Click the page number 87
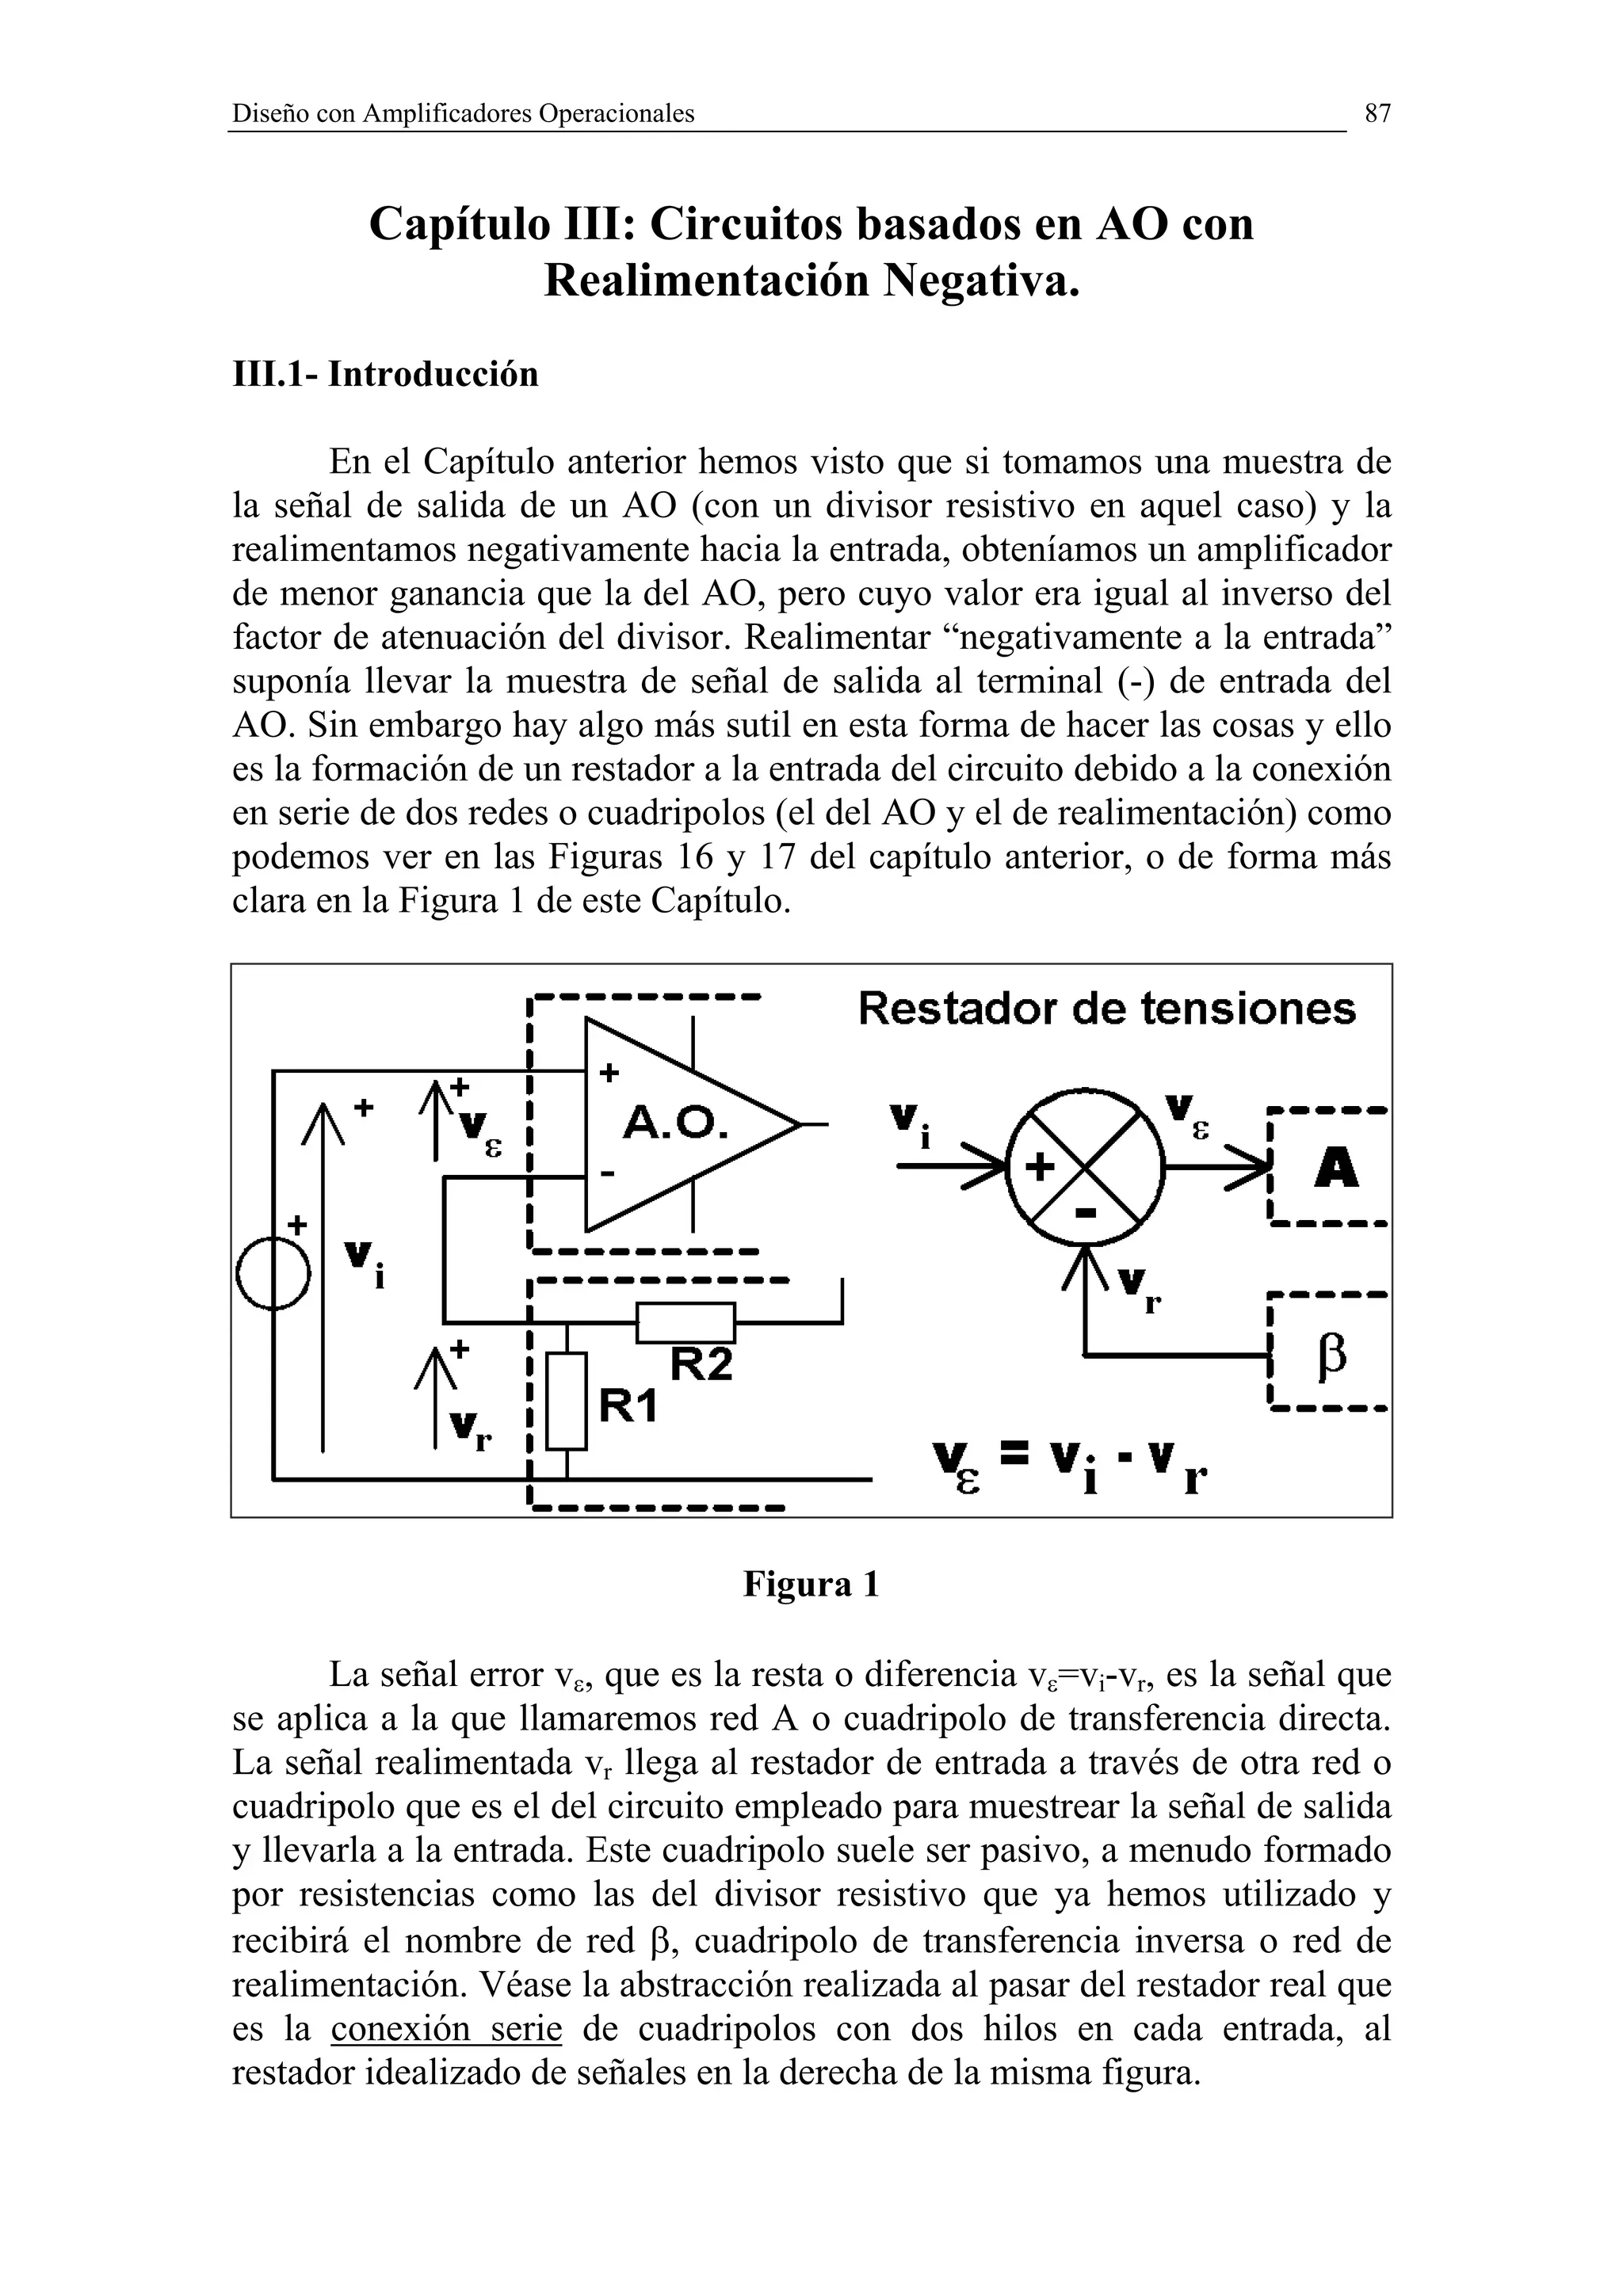[1377, 114]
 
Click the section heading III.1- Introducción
[385, 374]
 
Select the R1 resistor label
[628, 1407]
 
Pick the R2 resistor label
[701, 1364]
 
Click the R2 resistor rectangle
[686, 1322]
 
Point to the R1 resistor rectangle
[567, 1400]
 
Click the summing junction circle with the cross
[1085, 1167]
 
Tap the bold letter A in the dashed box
[1336, 1167]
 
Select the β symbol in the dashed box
[1333, 1357]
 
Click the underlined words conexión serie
[446, 2030]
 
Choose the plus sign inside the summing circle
[1040, 1167]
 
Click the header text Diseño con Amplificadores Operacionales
[463, 114]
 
